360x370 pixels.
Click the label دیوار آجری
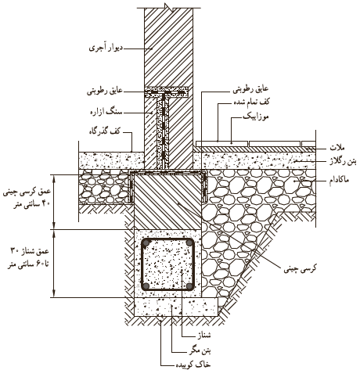tap(106, 48)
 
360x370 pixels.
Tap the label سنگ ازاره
tap(106, 113)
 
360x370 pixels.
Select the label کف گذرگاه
tap(104, 131)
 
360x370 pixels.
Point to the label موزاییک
tap(256, 117)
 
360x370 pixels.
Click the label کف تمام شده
tap(251, 102)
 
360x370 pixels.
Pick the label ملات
tap(337, 148)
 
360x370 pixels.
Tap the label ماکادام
tap(339, 180)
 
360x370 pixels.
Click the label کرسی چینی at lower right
tap(300, 268)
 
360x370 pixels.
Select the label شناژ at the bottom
tap(204, 335)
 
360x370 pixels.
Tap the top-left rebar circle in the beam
tap(146, 243)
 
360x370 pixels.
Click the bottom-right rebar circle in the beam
tap(189, 286)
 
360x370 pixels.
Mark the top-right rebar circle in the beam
tap(189, 243)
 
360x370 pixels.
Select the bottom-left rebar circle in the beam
tap(146, 286)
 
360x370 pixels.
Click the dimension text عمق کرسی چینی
tap(27, 192)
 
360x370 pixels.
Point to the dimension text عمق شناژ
tap(29, 251)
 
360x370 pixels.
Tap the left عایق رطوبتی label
tap(105, 92)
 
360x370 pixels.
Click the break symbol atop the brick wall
tap(169, 7)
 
